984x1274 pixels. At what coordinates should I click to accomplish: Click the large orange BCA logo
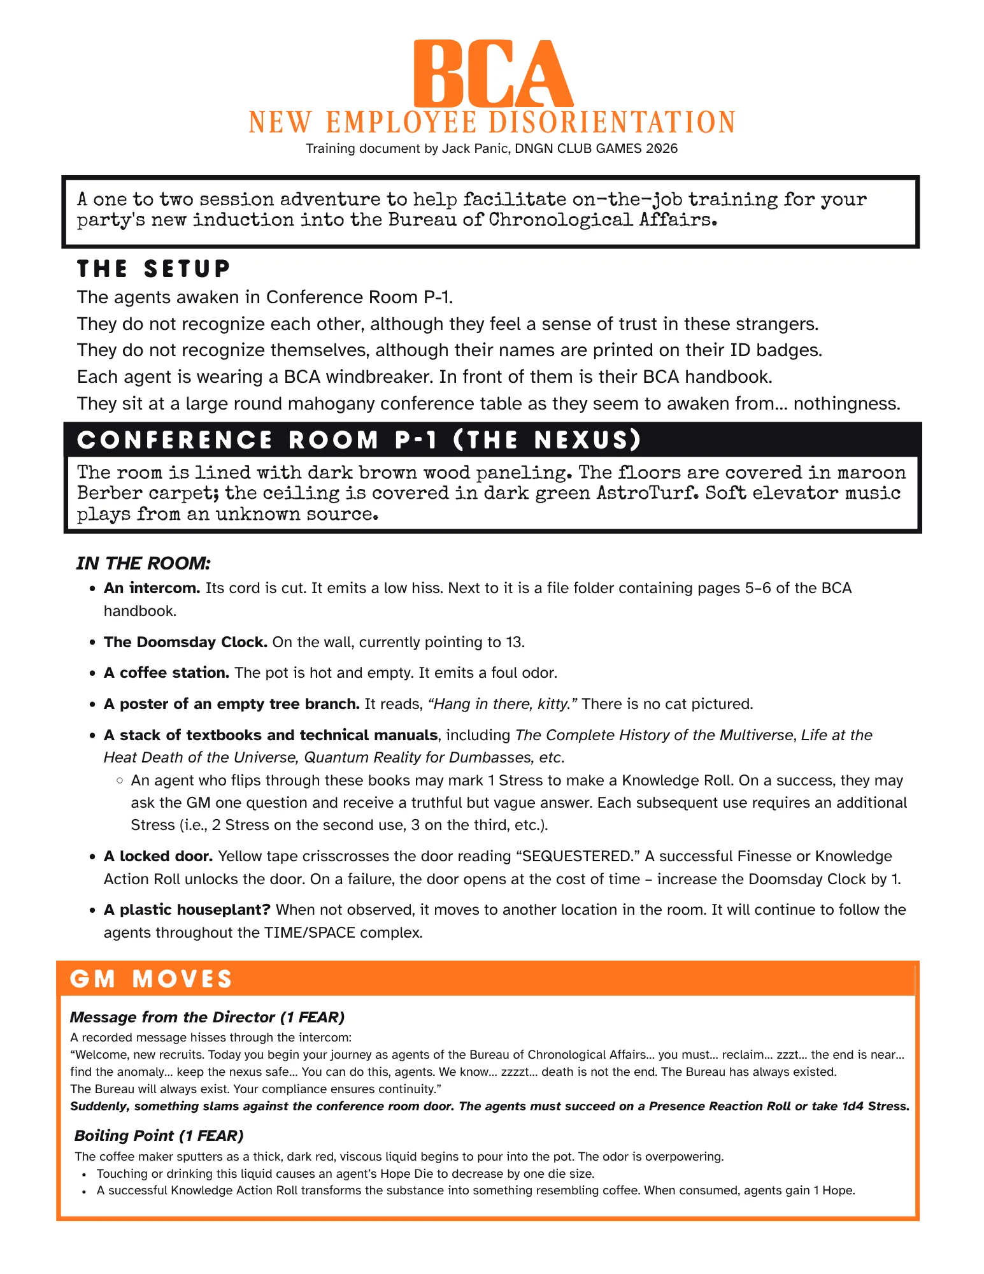(x=492, y=75)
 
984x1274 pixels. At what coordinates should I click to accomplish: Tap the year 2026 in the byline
(x=661, y=148)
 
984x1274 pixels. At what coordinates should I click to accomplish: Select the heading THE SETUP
(x=153, y=269)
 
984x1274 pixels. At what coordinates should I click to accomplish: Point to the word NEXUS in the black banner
(x=580, y=440)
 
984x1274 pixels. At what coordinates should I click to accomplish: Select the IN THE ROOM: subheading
(x=143, y=563)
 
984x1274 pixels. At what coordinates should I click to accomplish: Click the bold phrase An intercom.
(x=152, y=588)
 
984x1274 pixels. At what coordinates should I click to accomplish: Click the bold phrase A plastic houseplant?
(x=187, y=910)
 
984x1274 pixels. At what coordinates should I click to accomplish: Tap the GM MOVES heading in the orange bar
(x=151, y=979)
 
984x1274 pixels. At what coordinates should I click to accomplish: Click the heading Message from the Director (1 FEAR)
(x=207, y=1017)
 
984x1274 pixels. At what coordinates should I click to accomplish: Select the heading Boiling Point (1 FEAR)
(x=159, y=1135)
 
